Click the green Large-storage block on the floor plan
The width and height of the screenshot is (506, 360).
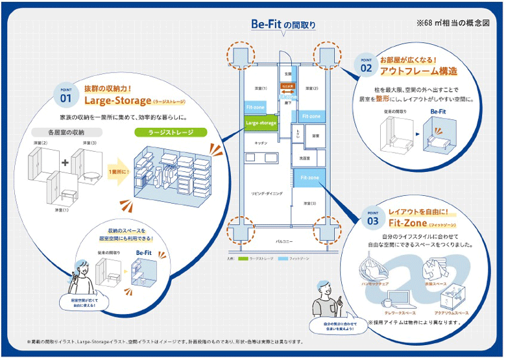pyautogui.click(x=260, y=121)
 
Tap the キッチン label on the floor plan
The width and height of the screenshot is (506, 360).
pyautogui.click(x=261, y=142)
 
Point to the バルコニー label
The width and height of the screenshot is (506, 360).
pyautogui.click(x=284, y=241)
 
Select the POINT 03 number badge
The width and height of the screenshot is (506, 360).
pyautogui.click(x=372, y=218)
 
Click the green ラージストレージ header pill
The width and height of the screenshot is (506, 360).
pyautogui.click(x=170, y=132)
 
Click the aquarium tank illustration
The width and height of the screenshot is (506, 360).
pyautogui.click(x=452, y=297)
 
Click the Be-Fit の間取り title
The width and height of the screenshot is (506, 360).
pyautogui.click(x=283, y=25)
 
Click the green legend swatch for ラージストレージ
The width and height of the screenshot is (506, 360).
pyautogui.click(x=243, y=258)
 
